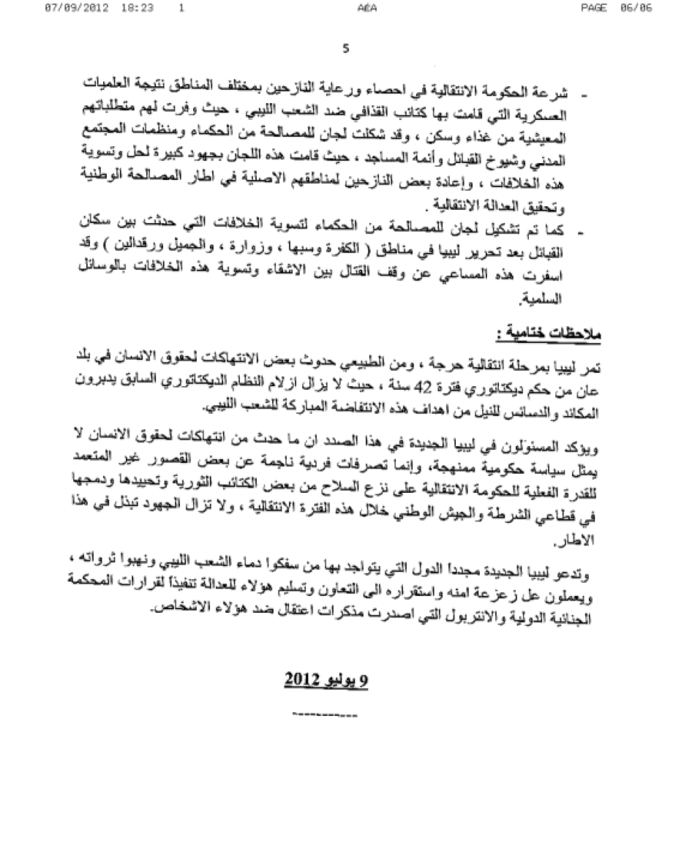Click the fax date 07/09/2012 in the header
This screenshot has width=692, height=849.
click(73, 8)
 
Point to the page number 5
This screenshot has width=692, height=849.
click(345, 49)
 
